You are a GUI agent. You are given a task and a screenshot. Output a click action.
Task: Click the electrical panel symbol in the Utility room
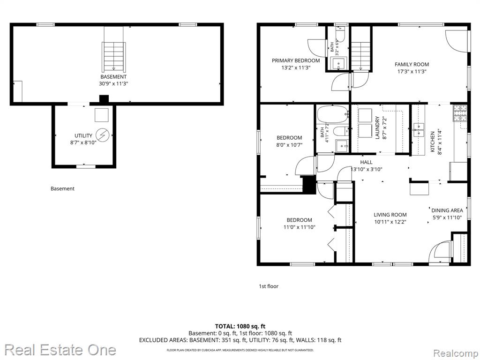103,135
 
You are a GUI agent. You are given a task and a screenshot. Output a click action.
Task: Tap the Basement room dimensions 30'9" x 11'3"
113,83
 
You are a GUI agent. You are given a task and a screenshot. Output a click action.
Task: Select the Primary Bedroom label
296,60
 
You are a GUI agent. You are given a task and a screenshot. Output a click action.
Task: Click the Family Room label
412,64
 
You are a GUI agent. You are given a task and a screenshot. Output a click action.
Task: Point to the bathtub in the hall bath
333,114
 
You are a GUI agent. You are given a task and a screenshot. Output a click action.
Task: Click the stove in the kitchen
460,112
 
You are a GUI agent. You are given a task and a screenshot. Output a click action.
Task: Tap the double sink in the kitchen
418,130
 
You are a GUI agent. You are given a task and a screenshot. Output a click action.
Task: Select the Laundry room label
377,127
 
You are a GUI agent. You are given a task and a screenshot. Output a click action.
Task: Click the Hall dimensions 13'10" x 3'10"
367,169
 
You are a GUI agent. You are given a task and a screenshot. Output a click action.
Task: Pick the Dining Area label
447,210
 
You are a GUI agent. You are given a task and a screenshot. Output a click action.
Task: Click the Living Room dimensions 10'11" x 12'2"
390,222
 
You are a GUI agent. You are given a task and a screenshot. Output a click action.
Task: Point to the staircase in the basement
113,56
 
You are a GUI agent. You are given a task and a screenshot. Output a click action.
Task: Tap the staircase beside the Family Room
361,55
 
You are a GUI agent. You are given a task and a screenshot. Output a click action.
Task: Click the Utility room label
83,135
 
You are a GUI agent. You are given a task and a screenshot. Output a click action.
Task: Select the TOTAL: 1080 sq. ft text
240,326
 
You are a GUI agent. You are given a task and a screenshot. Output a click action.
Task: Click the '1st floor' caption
269,286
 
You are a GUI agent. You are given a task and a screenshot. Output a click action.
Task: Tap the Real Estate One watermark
60,350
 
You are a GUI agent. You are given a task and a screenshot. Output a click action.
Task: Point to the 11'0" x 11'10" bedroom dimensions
300,227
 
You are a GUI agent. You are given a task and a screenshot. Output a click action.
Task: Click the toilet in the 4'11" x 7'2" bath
341,132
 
